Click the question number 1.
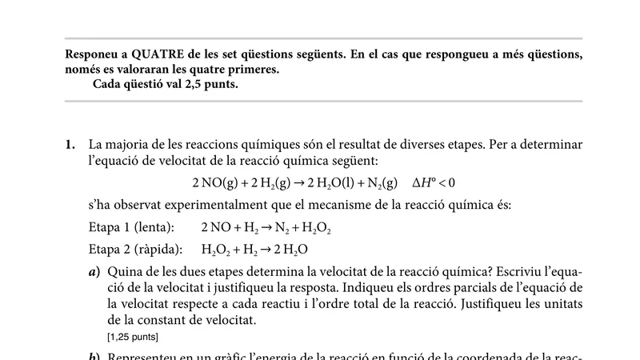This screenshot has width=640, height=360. [70, 145]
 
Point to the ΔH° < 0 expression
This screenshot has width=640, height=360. [434, 182]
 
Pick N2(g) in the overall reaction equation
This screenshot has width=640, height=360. [380, 182]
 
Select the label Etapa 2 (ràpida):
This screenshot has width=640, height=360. [135, 250]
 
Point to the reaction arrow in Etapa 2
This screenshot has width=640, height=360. [270, 250]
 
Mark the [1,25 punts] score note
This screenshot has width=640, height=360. [132, 336]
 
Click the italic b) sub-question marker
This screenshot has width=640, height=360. [94, 356]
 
